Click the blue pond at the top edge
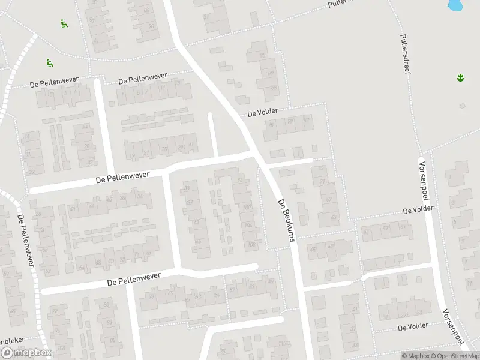[x=456, y=5]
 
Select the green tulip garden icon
[x=461, y=77]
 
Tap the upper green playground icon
[x=64, y=23]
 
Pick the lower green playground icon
[x=49, y=62]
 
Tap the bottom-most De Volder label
[x=413, y=326]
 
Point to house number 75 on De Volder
[x=271, y=125]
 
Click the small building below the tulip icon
[x=462, y=106]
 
